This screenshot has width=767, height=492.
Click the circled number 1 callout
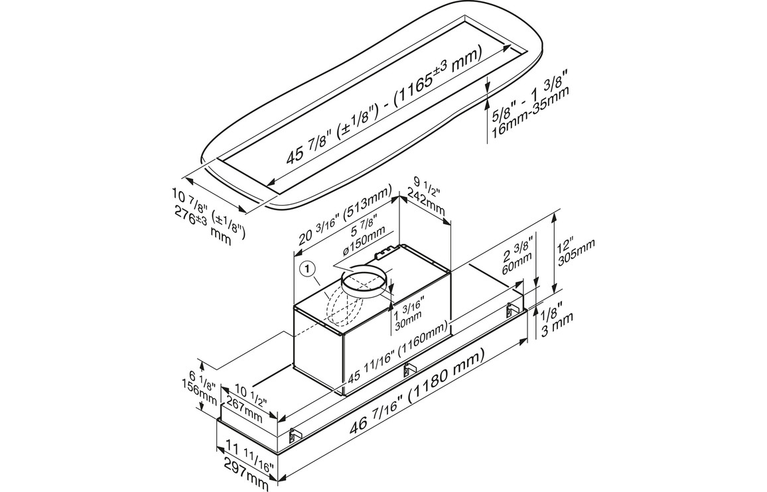(307, 269)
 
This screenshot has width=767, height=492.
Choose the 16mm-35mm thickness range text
(529, 113)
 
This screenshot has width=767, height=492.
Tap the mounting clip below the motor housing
(409, 368)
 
